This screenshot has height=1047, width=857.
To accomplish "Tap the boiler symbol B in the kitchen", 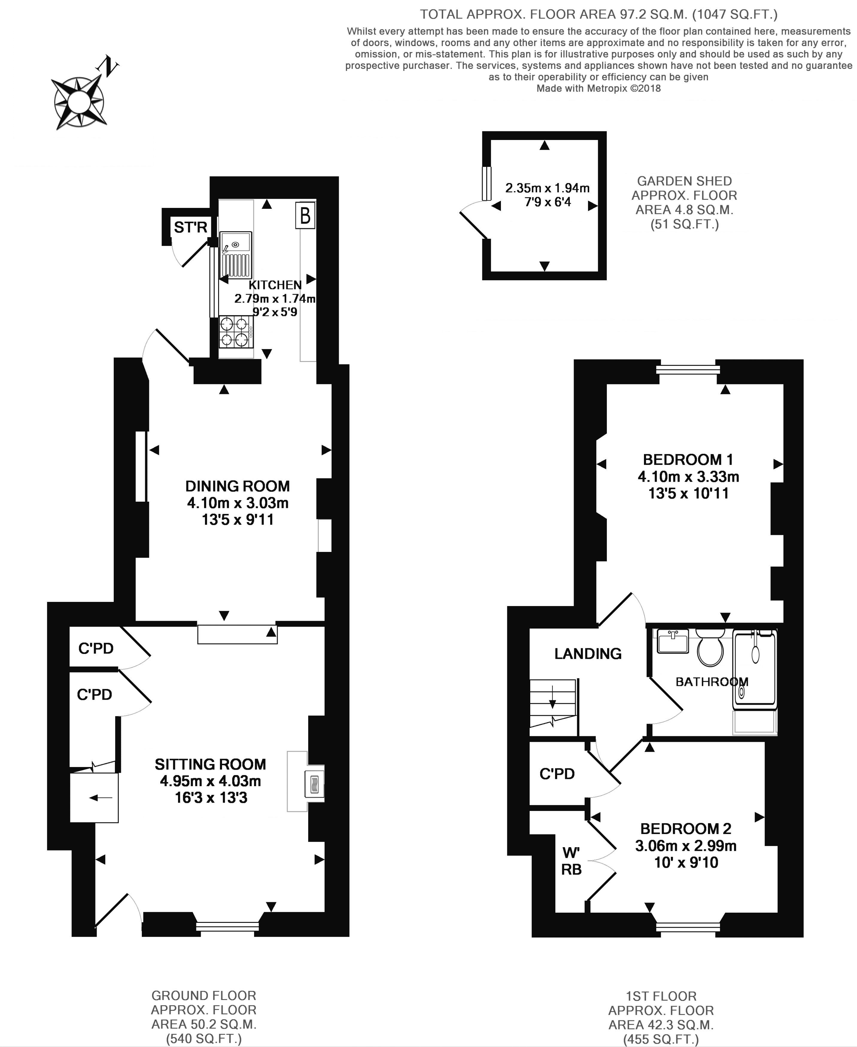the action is (x=305, y=215).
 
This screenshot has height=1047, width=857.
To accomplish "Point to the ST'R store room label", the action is (x=191, y=227).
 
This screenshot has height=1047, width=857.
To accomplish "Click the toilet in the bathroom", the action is (x=710, y=647).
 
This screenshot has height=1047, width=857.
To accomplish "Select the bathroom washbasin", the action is (x=673, y=641).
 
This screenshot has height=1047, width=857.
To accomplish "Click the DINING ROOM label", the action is (x=238, y=486).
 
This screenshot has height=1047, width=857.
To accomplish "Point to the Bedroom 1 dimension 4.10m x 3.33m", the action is (x=688, y=477).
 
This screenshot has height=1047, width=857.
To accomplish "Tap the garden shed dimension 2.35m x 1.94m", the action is (x=548, y=188).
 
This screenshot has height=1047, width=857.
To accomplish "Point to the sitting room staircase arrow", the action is (x=101, y=797).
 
